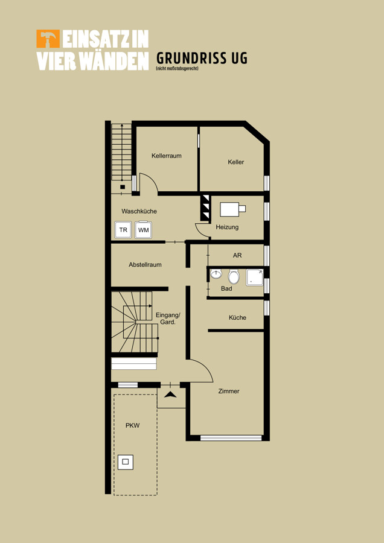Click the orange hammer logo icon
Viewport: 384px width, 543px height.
tap(48, 39)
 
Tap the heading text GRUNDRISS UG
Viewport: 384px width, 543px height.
tap(202, 58)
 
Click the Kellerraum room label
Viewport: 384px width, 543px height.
tap(167, 156)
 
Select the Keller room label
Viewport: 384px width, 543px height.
tap(236, 162)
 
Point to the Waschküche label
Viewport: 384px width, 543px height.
tap(139, 211)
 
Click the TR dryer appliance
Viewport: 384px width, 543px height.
tap(123, 230)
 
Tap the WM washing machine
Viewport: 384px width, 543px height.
tap(143, 230)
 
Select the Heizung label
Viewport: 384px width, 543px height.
tap(227, 227)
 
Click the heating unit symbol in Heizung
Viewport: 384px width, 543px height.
tap(233, 209)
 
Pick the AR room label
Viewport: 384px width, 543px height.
tap(237, 255)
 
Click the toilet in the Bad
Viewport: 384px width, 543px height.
tap(234, 277)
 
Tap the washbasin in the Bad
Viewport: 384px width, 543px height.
tap(216, 273)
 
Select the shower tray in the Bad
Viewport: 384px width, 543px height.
tap(255, 278)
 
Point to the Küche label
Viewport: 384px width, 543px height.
tap(237, 317)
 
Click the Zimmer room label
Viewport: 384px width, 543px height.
tap(229, 391)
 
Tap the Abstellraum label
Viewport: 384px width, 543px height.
tap(146, 265)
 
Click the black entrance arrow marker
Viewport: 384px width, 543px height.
tap(170, 394)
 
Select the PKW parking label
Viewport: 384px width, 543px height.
tap(132, 425)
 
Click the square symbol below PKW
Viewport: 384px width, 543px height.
tap(126, 462)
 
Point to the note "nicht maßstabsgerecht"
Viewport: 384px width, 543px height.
tap(177, 69)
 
